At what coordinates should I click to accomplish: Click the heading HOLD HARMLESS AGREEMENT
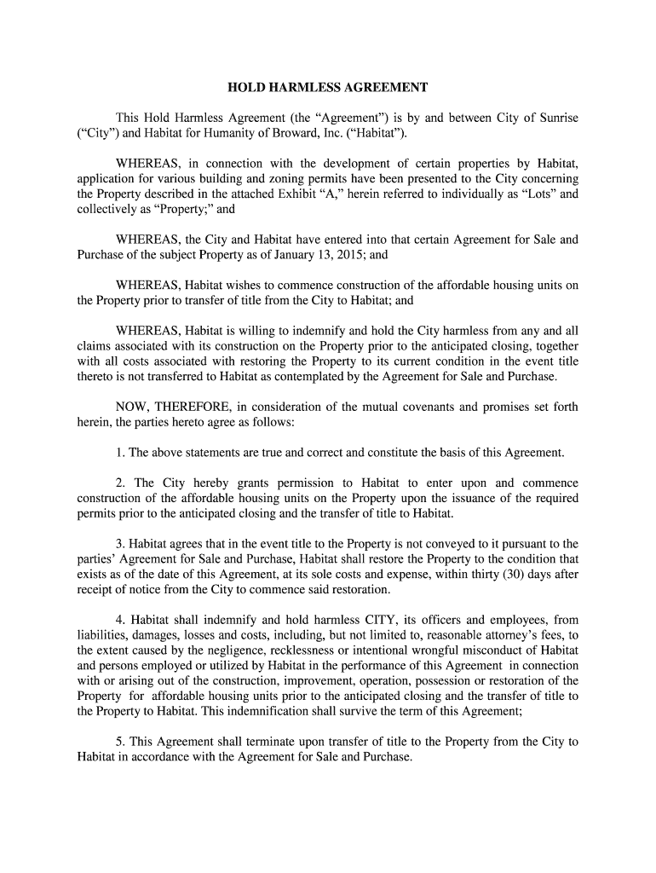[x=327, y=88]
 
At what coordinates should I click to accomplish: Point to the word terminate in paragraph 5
[x=241, y=743]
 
